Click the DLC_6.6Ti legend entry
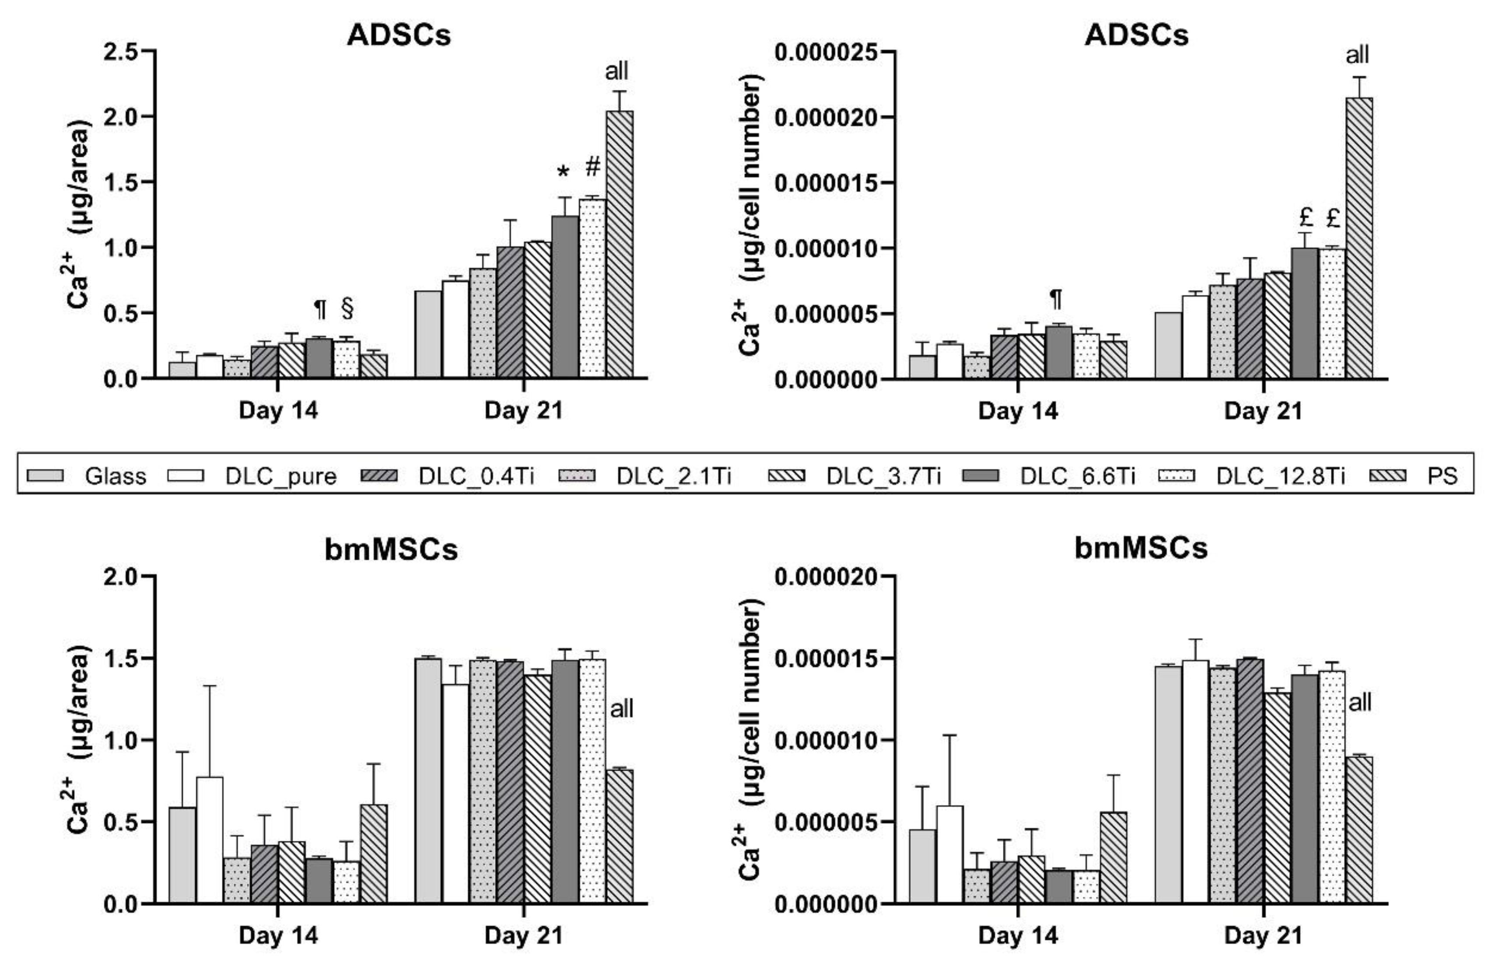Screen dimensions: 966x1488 click(x=1077, y=476)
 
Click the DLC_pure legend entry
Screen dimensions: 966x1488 click(x=281, y=476)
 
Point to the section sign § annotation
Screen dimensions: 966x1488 click(x=348, y=309)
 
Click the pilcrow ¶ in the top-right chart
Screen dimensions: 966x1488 click(x=1056, y=299)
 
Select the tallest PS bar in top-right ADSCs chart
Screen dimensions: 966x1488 click(x=1359, y=238)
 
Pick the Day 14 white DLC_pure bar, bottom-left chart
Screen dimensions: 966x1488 click(x=209, y=840)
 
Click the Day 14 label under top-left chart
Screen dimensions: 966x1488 click(x=278, y=410)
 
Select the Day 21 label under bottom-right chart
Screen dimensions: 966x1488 click(x=1263, y=935)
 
